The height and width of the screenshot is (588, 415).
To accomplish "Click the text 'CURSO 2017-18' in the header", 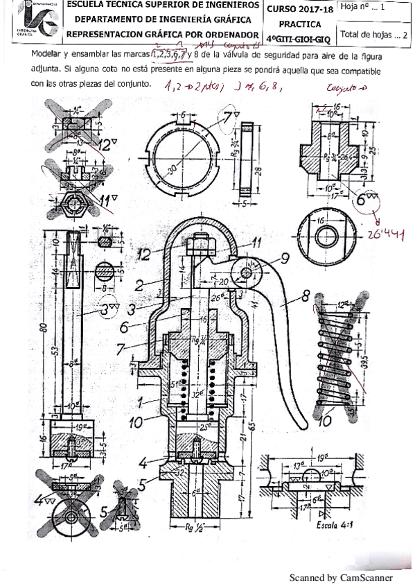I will pyautogui.click(x=298, y=8).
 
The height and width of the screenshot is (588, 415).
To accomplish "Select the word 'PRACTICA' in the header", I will pyautogui.click(x=298, y=23).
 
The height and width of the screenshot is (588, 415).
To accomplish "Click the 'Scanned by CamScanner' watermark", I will pyautogui.click(x=340, y=577).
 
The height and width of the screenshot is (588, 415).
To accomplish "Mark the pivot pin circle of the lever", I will pyautogui.click(x=247, y=273).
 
